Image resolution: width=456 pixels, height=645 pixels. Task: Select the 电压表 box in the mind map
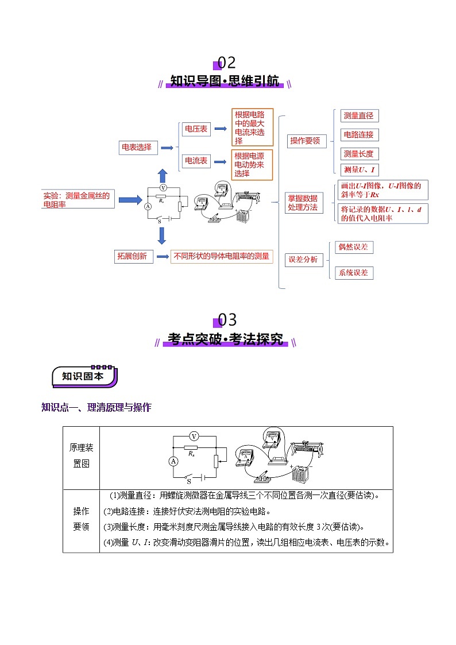coord(195,130)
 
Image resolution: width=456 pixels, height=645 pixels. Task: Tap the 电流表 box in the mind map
coord(195,161)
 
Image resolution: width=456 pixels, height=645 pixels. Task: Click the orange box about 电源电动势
coord(252,165)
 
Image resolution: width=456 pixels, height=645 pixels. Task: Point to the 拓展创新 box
coord(133,256)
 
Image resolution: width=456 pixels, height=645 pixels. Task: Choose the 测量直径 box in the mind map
coord(358,116)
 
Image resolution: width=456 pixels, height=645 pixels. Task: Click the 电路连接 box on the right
coord(358,135)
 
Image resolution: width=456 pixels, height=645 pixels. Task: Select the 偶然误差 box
coord(354,247)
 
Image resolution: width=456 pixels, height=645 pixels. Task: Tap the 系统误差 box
coord(354,273)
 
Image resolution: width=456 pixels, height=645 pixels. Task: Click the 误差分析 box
coord(304,259)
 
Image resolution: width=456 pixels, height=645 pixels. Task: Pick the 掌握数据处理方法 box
coord(304,203)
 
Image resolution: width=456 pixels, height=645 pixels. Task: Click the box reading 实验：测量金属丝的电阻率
coord(78,199)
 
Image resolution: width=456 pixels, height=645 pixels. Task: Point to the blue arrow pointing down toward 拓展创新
coord(162,235)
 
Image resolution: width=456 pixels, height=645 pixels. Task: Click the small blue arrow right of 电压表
coord(220,130)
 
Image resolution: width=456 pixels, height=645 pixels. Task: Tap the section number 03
coord(227,320)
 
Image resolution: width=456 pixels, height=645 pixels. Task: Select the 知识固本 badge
coord(83,376)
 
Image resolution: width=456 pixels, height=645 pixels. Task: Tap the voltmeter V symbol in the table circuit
coord(194,437)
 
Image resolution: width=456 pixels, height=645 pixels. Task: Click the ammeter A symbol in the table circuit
coord(173,461)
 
